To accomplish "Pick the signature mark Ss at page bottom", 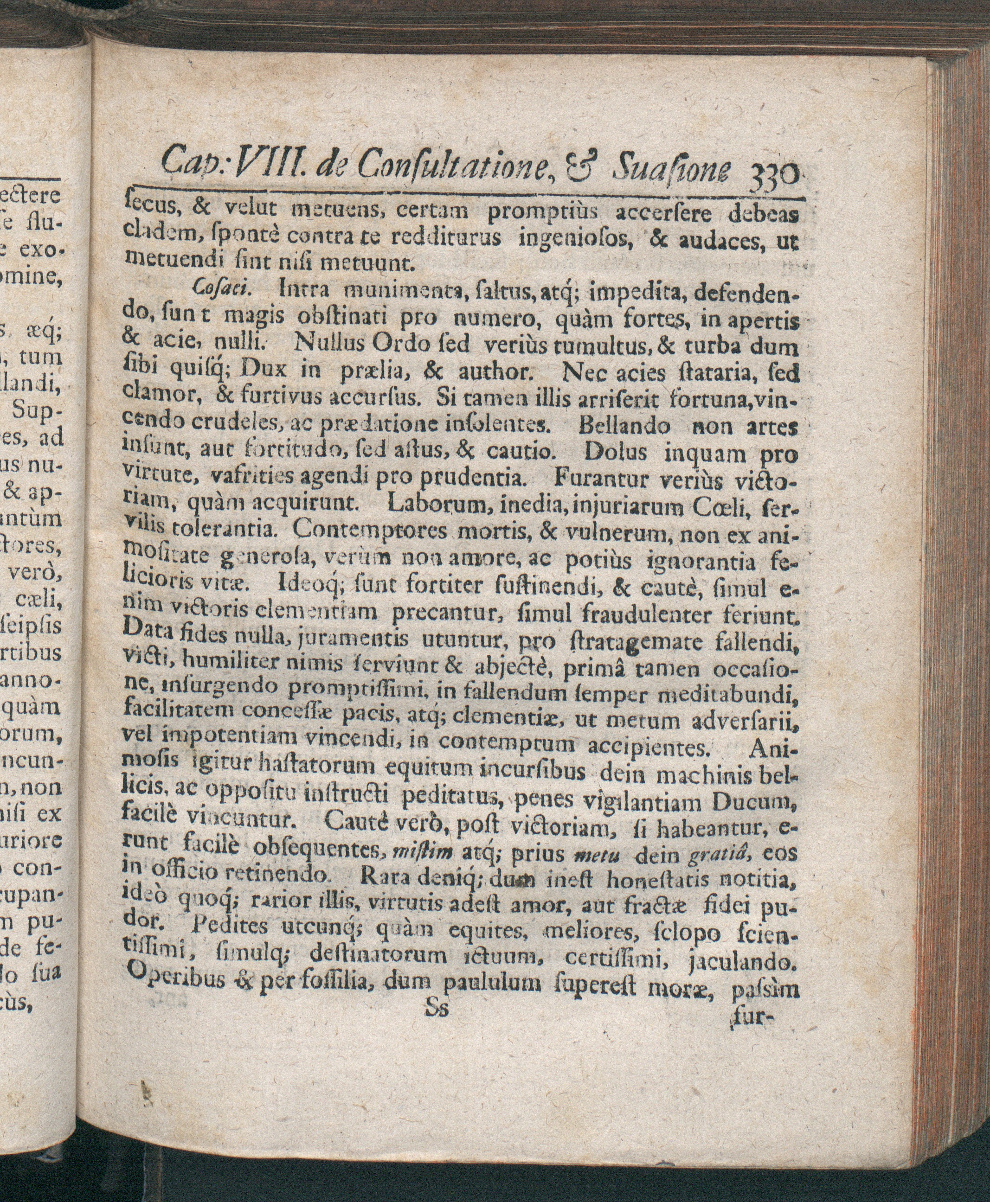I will point(437,1008).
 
